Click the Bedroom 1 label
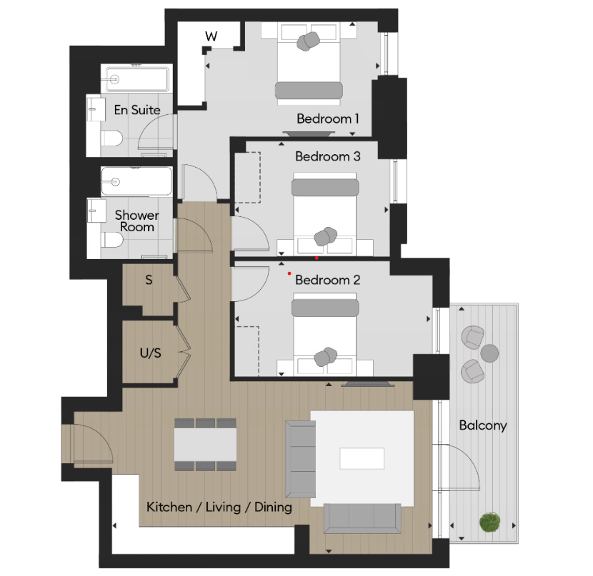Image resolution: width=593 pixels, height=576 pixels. [x=328, y=118]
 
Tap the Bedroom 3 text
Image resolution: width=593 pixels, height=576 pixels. [x=327, y=156]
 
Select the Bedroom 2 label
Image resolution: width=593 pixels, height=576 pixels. [x=327, y=280]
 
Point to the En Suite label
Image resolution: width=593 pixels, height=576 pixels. [x=137, y=110]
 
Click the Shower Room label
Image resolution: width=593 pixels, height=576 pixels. [x=136, y=221]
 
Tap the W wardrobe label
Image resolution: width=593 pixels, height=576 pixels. [x=211, y=36]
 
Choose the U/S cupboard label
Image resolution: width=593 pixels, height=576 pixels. [x=149, y=353]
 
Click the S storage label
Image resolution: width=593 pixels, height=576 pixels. [x=149, y=280]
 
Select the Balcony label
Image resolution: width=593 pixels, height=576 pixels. [x=482, y=425]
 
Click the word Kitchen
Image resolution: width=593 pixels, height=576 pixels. [x=169, y=507]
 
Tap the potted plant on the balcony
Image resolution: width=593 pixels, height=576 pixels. [x=489, y=523]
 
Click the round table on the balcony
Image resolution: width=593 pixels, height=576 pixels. [x=489, y=353]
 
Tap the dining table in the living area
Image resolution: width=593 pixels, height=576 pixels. [x=206, y=445]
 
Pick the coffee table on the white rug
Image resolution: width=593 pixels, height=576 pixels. [x=362, y=458]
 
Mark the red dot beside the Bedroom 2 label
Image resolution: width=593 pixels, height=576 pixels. [x=289, y=273]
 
